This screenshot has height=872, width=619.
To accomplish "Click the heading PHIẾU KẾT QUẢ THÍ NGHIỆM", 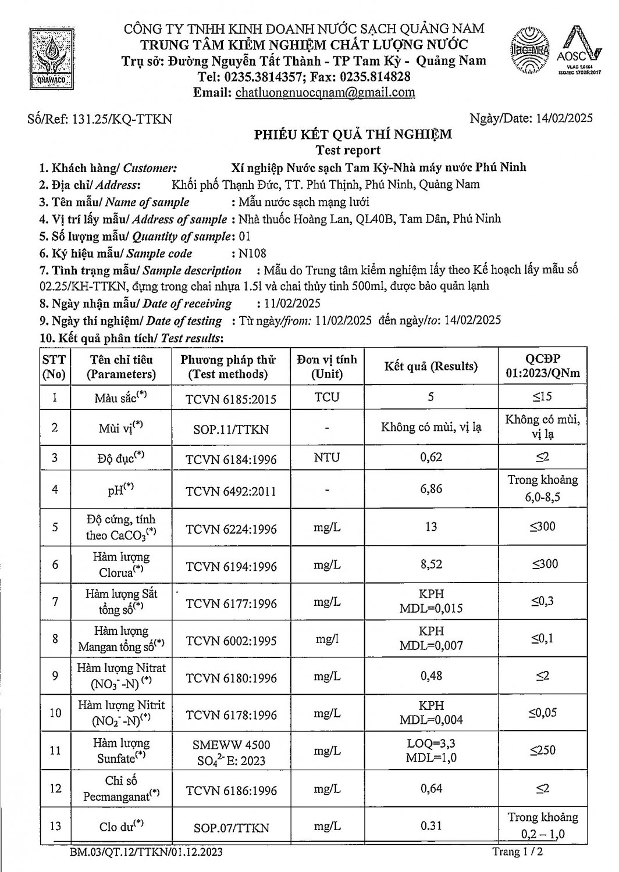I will (353, 135).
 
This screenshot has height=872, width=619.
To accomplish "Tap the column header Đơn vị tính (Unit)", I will (327, 366).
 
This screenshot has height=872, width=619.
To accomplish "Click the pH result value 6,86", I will (431, 489).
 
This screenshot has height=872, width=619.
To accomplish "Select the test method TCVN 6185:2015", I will (231, 399).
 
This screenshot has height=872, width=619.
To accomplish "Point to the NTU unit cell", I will (326, 458).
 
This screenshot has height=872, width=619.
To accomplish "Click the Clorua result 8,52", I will (431, 564).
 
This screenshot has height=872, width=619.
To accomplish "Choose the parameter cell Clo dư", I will (120, 826).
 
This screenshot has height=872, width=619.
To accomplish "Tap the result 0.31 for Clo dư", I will (431, 826).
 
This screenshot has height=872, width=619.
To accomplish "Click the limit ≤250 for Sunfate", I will (542, 751).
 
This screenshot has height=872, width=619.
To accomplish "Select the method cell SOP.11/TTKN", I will (231, 430).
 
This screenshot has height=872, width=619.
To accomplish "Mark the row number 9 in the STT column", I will (55, 676).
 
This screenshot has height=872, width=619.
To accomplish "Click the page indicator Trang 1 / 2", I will (518, 852).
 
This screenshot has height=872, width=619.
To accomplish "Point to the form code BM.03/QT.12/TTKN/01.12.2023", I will (145, 852).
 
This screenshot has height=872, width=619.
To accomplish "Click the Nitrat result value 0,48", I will (431, 676).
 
